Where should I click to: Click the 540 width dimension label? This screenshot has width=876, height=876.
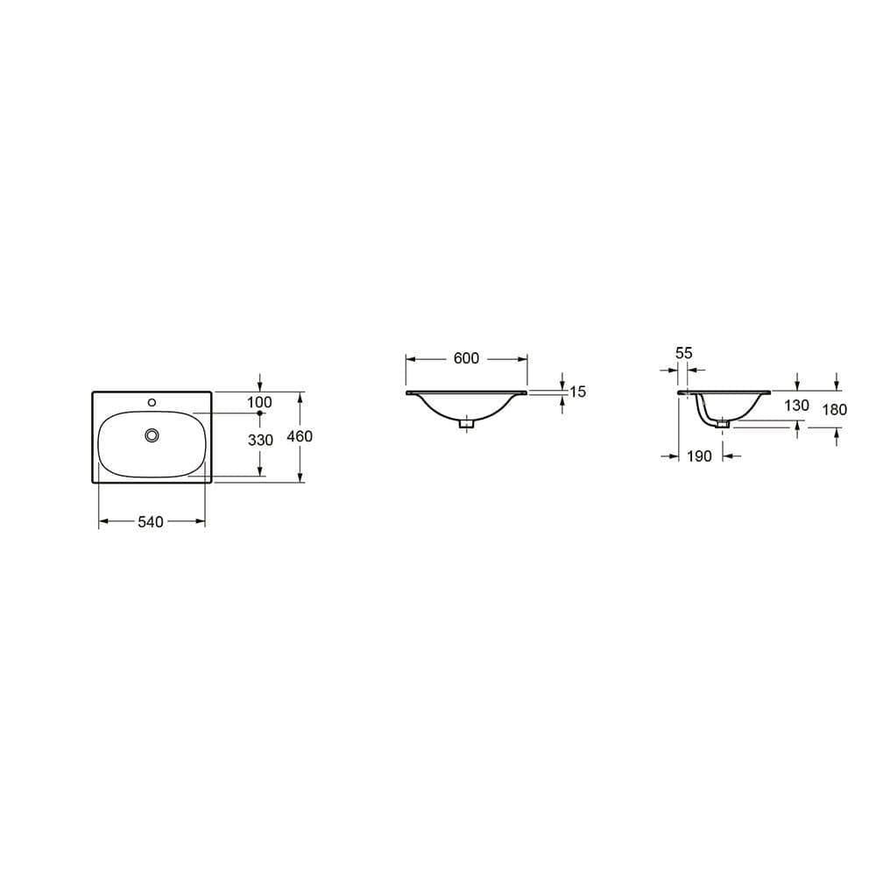tap(151, 522)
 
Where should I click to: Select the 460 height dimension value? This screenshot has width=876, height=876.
tap(300, 436)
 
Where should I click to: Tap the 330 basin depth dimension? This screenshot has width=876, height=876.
tap(260, 441)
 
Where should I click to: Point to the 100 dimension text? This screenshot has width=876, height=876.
tap(260, 402)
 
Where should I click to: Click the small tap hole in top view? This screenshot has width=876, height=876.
tap(152, 402)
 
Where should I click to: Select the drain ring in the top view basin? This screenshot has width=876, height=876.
tap(153, 434)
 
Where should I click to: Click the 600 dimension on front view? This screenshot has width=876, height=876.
tap(466, 359)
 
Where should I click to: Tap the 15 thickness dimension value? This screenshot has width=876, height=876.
tap(577, 392)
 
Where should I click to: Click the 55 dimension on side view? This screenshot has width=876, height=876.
tap(684, 353)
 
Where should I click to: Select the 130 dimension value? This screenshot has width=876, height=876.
tap(797, 406)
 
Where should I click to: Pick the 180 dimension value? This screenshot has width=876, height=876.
tap(835, 409)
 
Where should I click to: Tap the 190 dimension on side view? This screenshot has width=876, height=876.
tap(699, 456)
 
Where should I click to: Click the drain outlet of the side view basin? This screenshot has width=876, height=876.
tap(723, 425)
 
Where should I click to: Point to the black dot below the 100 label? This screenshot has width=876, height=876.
tap(260, 413)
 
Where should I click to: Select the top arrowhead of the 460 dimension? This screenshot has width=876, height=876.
tap(300, 396)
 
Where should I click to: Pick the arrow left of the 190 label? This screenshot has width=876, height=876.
tap(674, 456)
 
